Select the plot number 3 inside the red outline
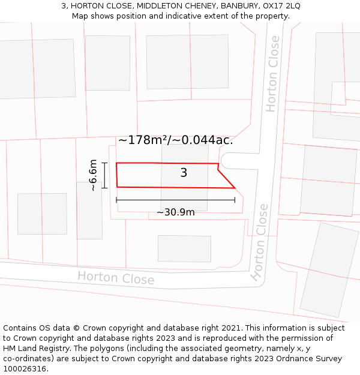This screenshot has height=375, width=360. [x=184, y=173]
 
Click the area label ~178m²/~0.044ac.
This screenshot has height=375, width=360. [x=175, y=140]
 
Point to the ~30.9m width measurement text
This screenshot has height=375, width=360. [x=175, y=212]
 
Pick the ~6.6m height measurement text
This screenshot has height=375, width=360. [x=93, y=175]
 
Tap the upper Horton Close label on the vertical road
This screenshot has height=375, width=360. [x=272, y=74]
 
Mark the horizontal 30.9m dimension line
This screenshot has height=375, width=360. [x=175, y=200]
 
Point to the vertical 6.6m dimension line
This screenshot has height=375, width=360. [x=104, y=175]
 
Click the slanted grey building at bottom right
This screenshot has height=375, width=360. [x=329, y=270]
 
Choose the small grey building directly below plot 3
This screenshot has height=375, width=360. [x=184, y=248]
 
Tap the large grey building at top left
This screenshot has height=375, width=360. [x=37, y=68]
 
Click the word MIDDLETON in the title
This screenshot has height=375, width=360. [x=162, y=6]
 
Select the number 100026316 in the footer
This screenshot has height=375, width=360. [x=25, y=368]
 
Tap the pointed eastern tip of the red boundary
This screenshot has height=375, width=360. [x=235, y=188]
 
